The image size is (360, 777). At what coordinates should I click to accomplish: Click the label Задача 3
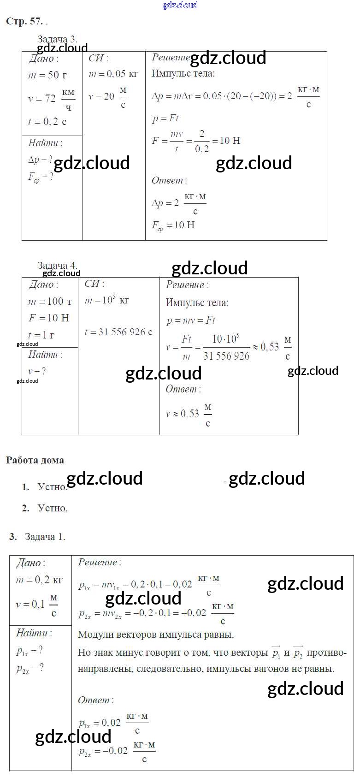coord(57,39)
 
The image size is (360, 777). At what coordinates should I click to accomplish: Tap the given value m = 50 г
coord(47,75)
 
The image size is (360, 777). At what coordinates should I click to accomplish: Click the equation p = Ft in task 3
coord(165,119)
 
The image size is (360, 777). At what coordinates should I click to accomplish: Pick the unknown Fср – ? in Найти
coord(41,177)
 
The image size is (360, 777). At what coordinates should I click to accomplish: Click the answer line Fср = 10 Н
coord(173,225)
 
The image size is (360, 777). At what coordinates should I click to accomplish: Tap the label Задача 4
coord(57,265)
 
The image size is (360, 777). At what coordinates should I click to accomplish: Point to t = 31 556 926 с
coord(118,332)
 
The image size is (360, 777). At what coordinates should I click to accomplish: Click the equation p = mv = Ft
coord(190,320)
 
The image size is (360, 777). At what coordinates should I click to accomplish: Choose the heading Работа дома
coord(35,460)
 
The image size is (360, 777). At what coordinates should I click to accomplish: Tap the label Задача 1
coord(45,536)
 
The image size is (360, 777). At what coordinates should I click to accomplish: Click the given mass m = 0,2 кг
coord(39,580)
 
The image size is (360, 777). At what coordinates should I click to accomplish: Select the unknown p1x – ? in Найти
coord(30,651)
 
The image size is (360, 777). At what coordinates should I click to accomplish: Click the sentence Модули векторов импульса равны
coord(156,635)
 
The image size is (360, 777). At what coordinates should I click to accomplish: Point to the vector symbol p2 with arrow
coord(298,652)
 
